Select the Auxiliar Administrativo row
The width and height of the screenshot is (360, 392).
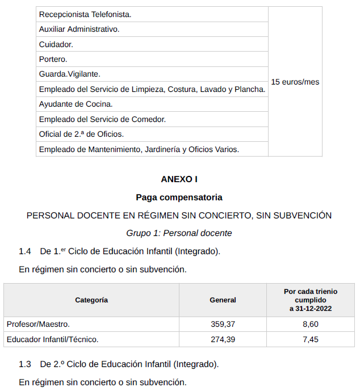tap(79, 29)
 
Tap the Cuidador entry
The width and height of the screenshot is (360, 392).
tap(56, 44)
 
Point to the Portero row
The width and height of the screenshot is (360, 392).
tap(53, 59)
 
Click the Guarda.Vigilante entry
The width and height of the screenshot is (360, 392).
tap(69, 74)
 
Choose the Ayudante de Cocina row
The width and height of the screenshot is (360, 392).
tap(76, 104)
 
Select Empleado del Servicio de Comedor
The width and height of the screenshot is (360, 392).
tap(102, 119)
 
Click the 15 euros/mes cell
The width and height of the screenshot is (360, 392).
tap(295, 82)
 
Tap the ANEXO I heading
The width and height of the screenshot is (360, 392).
tap(179, 179)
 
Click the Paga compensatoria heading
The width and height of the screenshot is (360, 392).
tap(179, 197)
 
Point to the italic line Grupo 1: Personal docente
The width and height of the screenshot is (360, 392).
tap(179, 233)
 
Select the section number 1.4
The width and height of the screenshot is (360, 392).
tap(25, 251)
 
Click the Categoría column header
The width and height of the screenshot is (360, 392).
tap(91, 300)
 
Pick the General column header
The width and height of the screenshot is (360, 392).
tap(223, 300)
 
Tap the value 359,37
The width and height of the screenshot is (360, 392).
tap(223, 324)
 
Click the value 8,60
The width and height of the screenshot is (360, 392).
tap(311, 324)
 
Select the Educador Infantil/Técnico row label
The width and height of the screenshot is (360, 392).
tap(52, 339)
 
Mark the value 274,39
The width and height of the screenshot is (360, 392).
tap(223, 339)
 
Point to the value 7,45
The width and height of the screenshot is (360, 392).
tap(311, 339)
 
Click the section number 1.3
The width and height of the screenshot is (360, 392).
tap(25, 364)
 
